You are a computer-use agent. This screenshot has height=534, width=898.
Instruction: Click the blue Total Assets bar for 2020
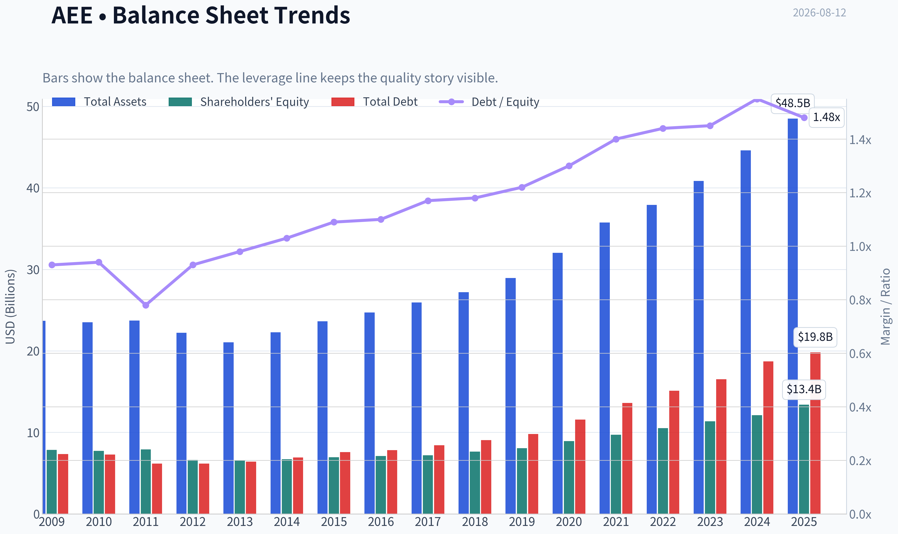558,383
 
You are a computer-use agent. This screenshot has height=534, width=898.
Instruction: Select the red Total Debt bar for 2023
721,446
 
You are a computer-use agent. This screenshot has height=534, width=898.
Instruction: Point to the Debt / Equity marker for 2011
146,305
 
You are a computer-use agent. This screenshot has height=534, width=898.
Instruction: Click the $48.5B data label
793,103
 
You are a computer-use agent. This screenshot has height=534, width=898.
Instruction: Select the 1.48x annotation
826,117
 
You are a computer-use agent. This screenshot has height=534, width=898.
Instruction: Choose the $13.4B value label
804,389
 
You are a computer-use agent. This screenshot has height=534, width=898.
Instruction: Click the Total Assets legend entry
99,102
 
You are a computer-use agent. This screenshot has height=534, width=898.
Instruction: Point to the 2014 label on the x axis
287,522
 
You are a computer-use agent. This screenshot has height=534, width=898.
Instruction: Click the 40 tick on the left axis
33,188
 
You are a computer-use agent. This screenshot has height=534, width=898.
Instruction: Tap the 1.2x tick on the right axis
860,193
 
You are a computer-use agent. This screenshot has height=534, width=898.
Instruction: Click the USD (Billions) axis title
11,307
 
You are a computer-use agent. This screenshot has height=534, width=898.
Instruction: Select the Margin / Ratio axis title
886,307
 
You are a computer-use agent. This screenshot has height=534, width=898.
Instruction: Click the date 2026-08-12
819,13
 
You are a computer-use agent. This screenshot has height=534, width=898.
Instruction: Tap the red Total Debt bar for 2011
157,489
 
